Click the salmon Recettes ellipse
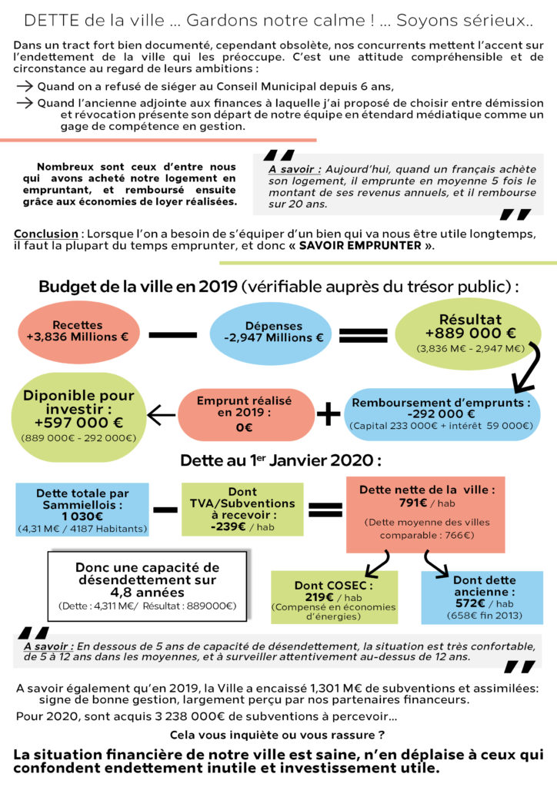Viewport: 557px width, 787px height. tap(77, 331)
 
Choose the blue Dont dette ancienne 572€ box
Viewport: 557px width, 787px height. tap(482, 596)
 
